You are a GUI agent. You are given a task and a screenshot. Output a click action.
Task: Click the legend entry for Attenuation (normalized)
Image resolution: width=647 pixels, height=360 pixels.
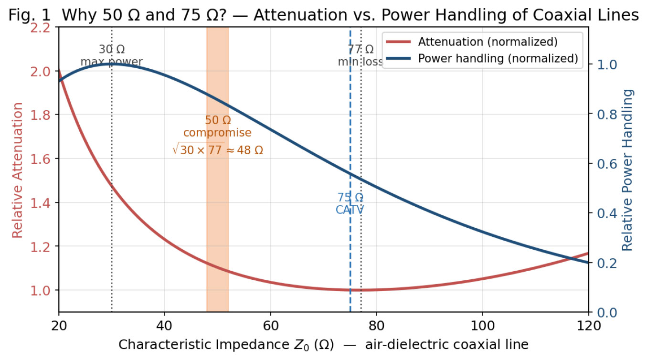[472, 42]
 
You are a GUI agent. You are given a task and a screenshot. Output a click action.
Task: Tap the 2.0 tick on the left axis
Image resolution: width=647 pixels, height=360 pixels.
[41, 71]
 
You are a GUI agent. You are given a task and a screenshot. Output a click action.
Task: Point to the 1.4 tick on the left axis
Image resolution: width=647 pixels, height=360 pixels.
[41, 202]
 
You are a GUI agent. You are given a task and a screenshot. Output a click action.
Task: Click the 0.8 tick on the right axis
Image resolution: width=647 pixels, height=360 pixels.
[607, 115]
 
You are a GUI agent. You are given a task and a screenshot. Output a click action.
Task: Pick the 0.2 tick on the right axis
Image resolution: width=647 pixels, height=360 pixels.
[607, 263]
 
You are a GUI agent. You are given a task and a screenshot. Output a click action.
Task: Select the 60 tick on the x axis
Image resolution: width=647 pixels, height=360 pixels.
[271, 326]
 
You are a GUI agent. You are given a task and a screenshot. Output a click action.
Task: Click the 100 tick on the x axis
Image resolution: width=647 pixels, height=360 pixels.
[483, 326]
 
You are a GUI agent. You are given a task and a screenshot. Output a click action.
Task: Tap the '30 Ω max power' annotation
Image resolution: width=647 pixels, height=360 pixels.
[112, 55]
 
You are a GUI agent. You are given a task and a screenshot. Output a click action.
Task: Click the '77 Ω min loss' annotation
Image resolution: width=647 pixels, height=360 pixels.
[361, 55]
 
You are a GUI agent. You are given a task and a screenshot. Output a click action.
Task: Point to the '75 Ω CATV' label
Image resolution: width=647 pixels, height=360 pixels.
[350, 204]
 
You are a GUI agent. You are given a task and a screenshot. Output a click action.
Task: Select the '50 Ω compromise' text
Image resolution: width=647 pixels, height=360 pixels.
[218, 126]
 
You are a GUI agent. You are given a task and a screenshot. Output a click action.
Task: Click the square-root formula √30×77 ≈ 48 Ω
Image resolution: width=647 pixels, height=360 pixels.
[218, 149]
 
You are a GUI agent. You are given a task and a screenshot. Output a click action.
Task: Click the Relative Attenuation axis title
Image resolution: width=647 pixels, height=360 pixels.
[17, 170]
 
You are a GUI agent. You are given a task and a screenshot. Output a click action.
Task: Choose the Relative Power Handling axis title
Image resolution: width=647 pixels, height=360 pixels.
[627, 170]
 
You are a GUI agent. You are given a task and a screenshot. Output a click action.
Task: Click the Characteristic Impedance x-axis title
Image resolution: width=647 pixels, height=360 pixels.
[324, 345]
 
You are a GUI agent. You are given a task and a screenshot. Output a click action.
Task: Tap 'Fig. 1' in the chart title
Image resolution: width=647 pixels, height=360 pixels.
[30, 15]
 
